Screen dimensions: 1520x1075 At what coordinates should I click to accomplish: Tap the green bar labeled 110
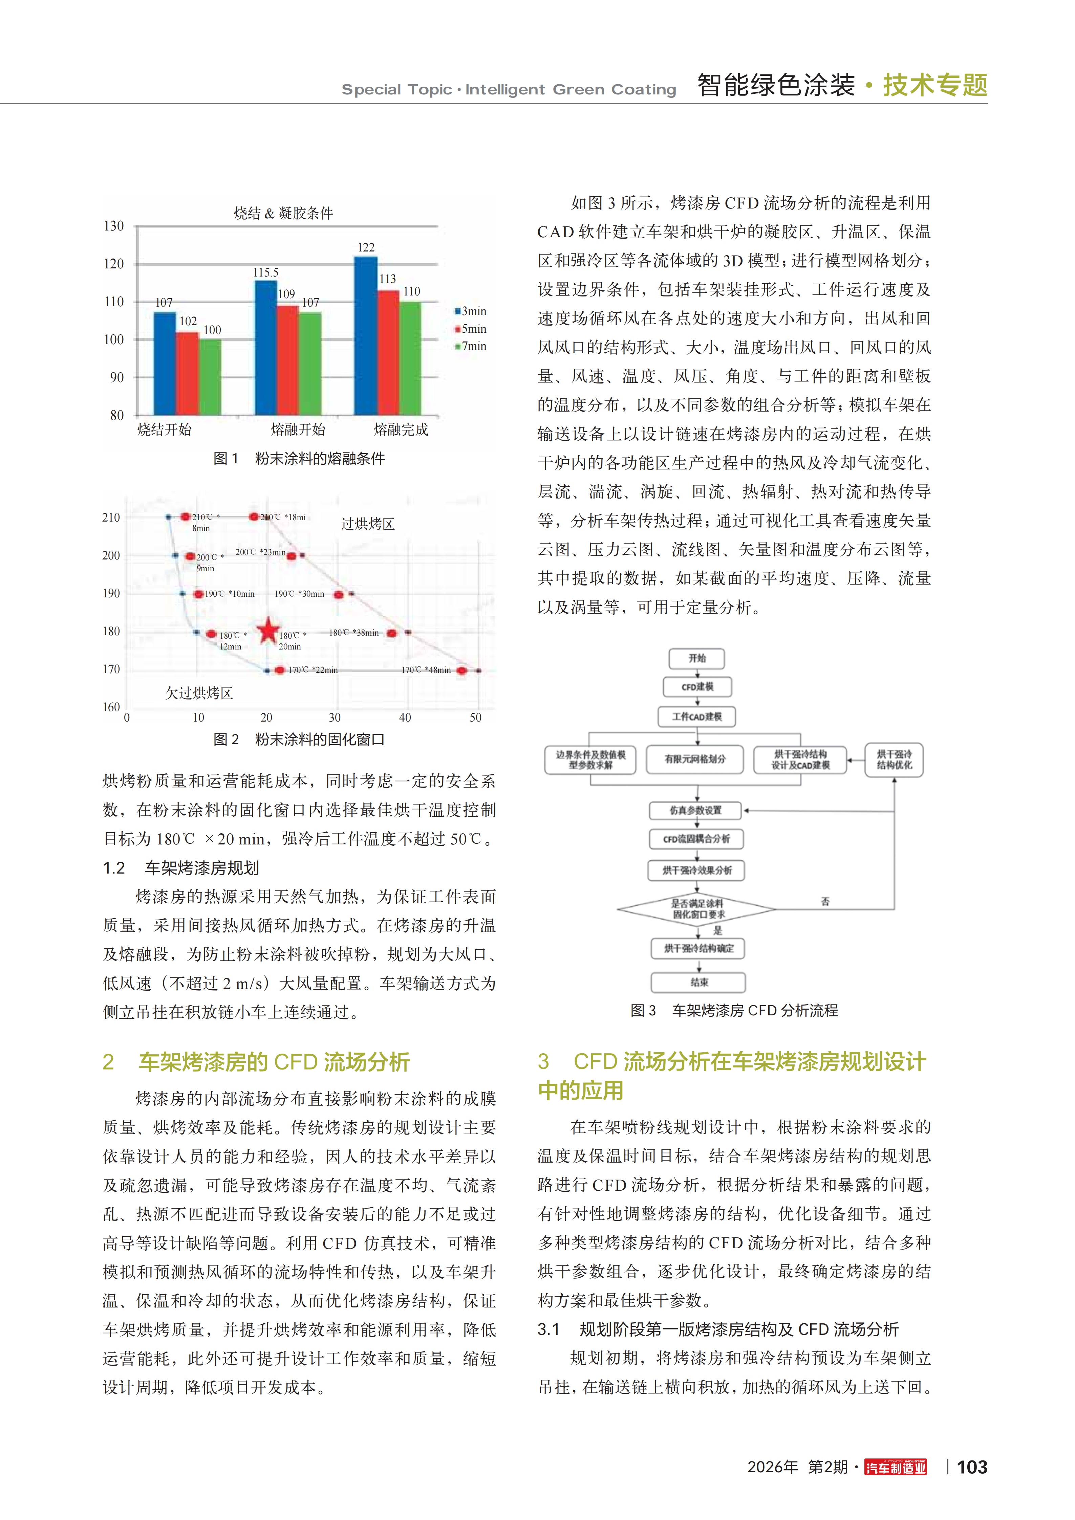point(410,357)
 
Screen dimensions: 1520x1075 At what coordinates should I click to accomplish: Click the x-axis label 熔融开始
point(298,429)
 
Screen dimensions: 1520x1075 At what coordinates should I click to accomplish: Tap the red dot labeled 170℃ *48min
point(462,670)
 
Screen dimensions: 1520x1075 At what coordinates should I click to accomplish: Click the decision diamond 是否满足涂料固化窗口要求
point(697,909)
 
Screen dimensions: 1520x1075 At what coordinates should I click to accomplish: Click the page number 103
point(972,1467)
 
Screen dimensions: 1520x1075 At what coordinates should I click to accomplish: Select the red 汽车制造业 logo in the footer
point(896,1467)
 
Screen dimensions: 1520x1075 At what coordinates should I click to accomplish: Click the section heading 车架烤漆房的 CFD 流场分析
point(274,1062)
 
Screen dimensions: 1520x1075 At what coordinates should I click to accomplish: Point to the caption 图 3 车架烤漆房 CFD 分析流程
point(734,1011)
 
